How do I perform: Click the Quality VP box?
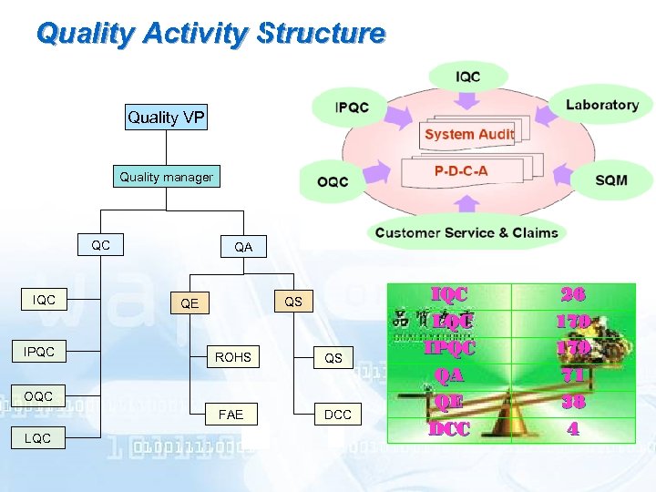tap(166, 117)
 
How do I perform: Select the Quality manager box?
tap(166, 177)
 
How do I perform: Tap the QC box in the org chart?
tap(101, 245)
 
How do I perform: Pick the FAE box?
tap(231, 415)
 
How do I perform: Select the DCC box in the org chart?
tap(337, 415)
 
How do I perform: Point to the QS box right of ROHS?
tap(333, 358)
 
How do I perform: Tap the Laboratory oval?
tap(601, 105)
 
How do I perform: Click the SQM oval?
tap(610, 180)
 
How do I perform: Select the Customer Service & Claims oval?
tap(466, 232)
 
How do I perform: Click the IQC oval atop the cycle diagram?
tap(468, 77)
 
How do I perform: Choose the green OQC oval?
tap(333, 181)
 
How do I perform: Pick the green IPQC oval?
tap(352, 108)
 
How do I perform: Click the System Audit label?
tap(469, 134)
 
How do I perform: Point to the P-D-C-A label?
tap(460, 171)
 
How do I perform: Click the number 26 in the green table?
tap(573, 294)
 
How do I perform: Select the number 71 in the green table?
tap(573, 374)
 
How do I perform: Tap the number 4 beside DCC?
tap(573, 428)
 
